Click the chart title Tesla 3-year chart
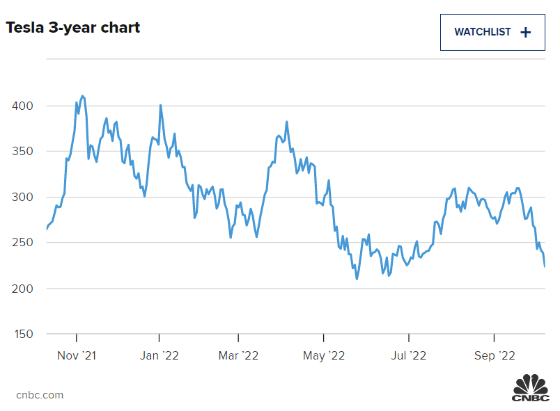click(73, 28)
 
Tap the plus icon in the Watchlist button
click(526, 32)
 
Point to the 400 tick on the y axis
click(23, 106)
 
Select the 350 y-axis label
click(23, 152)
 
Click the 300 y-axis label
click(23, 197)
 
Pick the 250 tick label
click(23, 243)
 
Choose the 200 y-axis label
click(23, 288)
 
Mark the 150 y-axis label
click(23, 334)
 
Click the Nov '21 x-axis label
click(77, 355)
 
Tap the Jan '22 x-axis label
click(160, 355)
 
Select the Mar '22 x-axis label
click(239, 355)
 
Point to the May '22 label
click(325, 355)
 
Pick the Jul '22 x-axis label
click(408, 355)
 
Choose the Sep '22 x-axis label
click(494, 355)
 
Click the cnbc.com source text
click(40, 395)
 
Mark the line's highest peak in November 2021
click(83, 96)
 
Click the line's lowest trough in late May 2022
click(357, 279)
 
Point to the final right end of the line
click(545, 266)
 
